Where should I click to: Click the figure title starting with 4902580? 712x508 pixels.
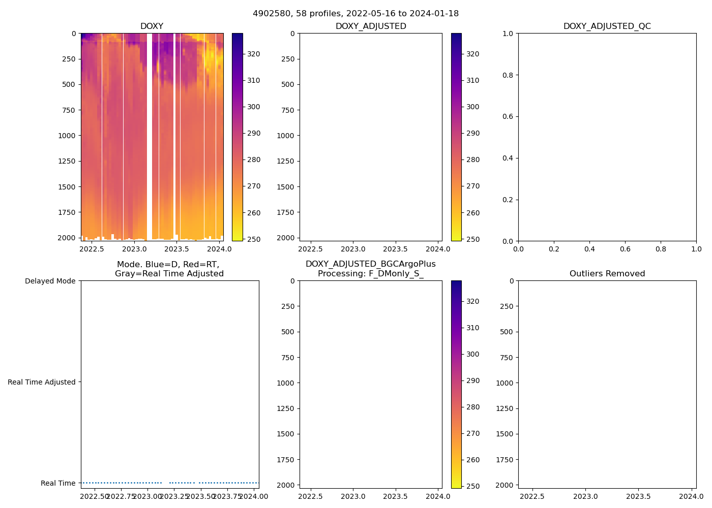pos(355,14)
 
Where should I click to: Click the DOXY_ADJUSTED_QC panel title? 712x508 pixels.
pos(607,26)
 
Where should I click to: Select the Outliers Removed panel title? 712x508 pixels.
pos(607,274)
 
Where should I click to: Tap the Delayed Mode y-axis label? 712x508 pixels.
pos(50,281)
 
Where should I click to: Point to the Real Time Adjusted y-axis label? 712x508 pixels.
pos(41,382)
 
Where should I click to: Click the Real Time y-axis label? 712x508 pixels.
pos(58,483)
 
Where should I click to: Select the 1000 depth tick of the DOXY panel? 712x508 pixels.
pos(67,136)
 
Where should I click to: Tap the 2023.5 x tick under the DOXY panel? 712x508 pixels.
pos(176,249)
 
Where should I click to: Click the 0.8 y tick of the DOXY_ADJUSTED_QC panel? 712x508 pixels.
pos(508,75)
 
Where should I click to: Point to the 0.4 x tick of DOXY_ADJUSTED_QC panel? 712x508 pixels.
pos(589,249)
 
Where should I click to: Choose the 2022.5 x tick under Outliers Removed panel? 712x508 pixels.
pos(532,497)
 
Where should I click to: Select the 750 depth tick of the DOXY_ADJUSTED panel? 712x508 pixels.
pos(287,110)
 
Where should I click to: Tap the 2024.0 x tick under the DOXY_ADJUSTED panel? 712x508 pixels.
pos(438,249)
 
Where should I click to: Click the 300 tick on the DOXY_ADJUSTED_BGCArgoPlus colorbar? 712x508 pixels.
pos(472,354)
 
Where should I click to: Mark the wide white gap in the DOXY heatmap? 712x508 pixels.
pos(150,132)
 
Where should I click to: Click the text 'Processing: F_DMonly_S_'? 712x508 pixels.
pos(370,274)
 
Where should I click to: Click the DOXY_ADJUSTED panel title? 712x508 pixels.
pos(370,26)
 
